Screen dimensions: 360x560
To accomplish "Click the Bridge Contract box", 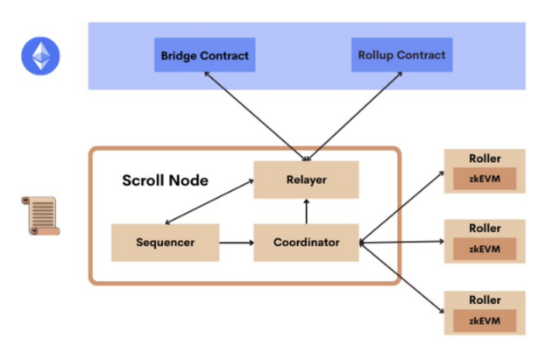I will tap(204, 55).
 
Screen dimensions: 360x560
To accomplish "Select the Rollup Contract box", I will tap(401, 55).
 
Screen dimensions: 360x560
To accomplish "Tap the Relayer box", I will tap(306, 180).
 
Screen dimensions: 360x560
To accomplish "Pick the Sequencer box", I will tap(165, 242).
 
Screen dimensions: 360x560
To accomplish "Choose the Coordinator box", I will tap(306, 242).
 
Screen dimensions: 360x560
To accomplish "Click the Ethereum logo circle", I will tap(39, 57).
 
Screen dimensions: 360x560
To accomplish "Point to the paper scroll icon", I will tap(39, 215).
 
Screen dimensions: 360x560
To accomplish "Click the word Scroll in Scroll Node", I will tap(145, 180).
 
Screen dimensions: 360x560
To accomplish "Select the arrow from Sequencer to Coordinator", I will tap(236, 242).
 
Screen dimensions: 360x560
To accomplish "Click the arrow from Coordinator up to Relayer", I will tap(306, 211).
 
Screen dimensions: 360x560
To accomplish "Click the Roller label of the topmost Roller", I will tap(484, 158).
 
